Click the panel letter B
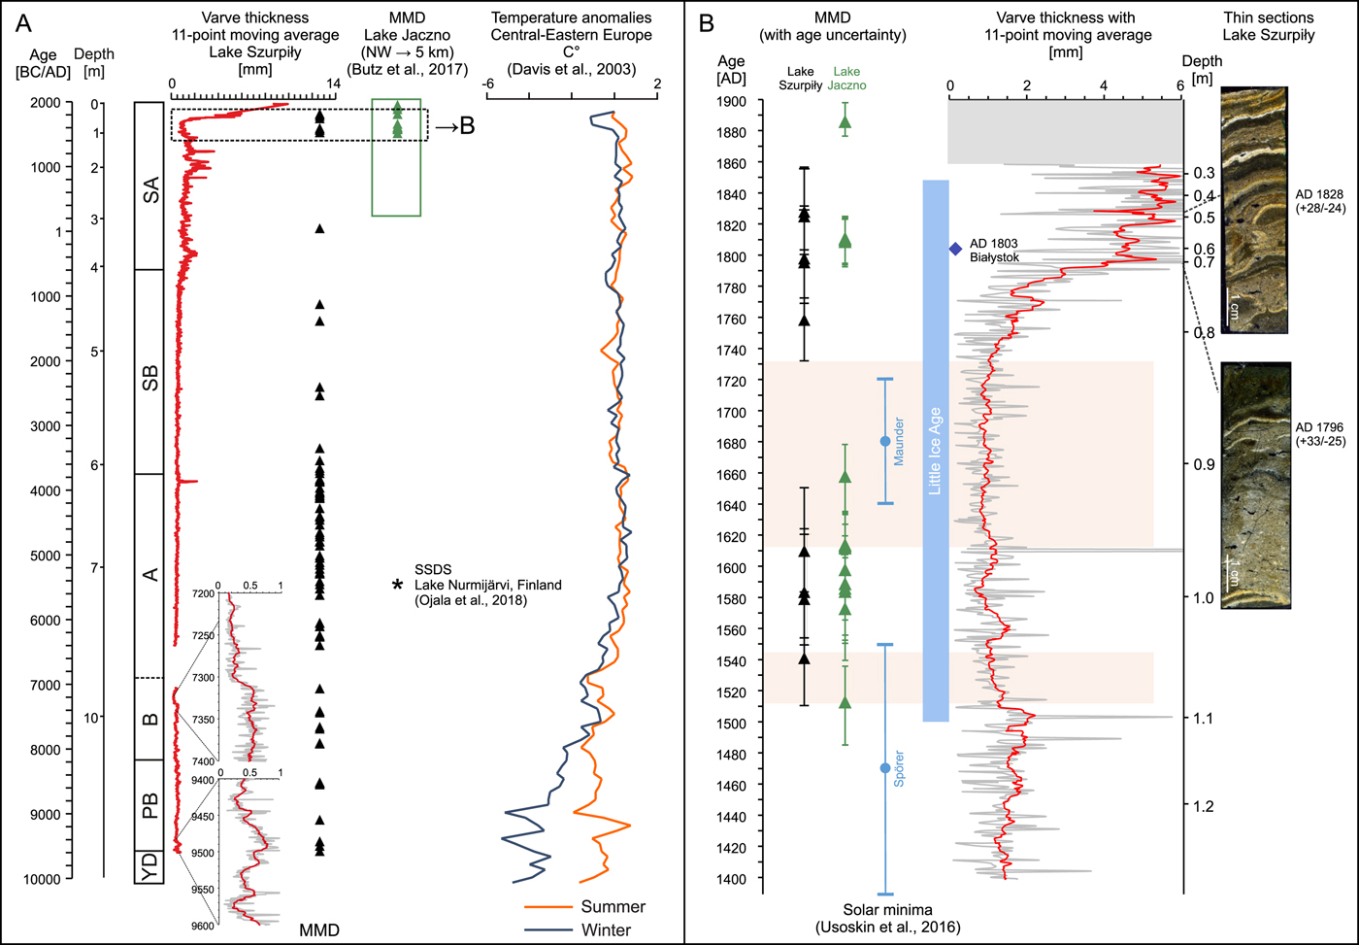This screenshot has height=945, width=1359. point(707,21)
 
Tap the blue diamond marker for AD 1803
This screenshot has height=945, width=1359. point(955,250)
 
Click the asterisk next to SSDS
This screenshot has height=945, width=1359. point(397,585)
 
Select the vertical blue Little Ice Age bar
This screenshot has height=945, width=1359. point(935,451)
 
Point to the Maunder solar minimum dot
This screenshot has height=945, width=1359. point(884,442)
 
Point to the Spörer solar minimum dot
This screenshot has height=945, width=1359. point(884,768)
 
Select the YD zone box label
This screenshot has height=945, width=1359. point(149,866)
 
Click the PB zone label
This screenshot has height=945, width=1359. point(149,805)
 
